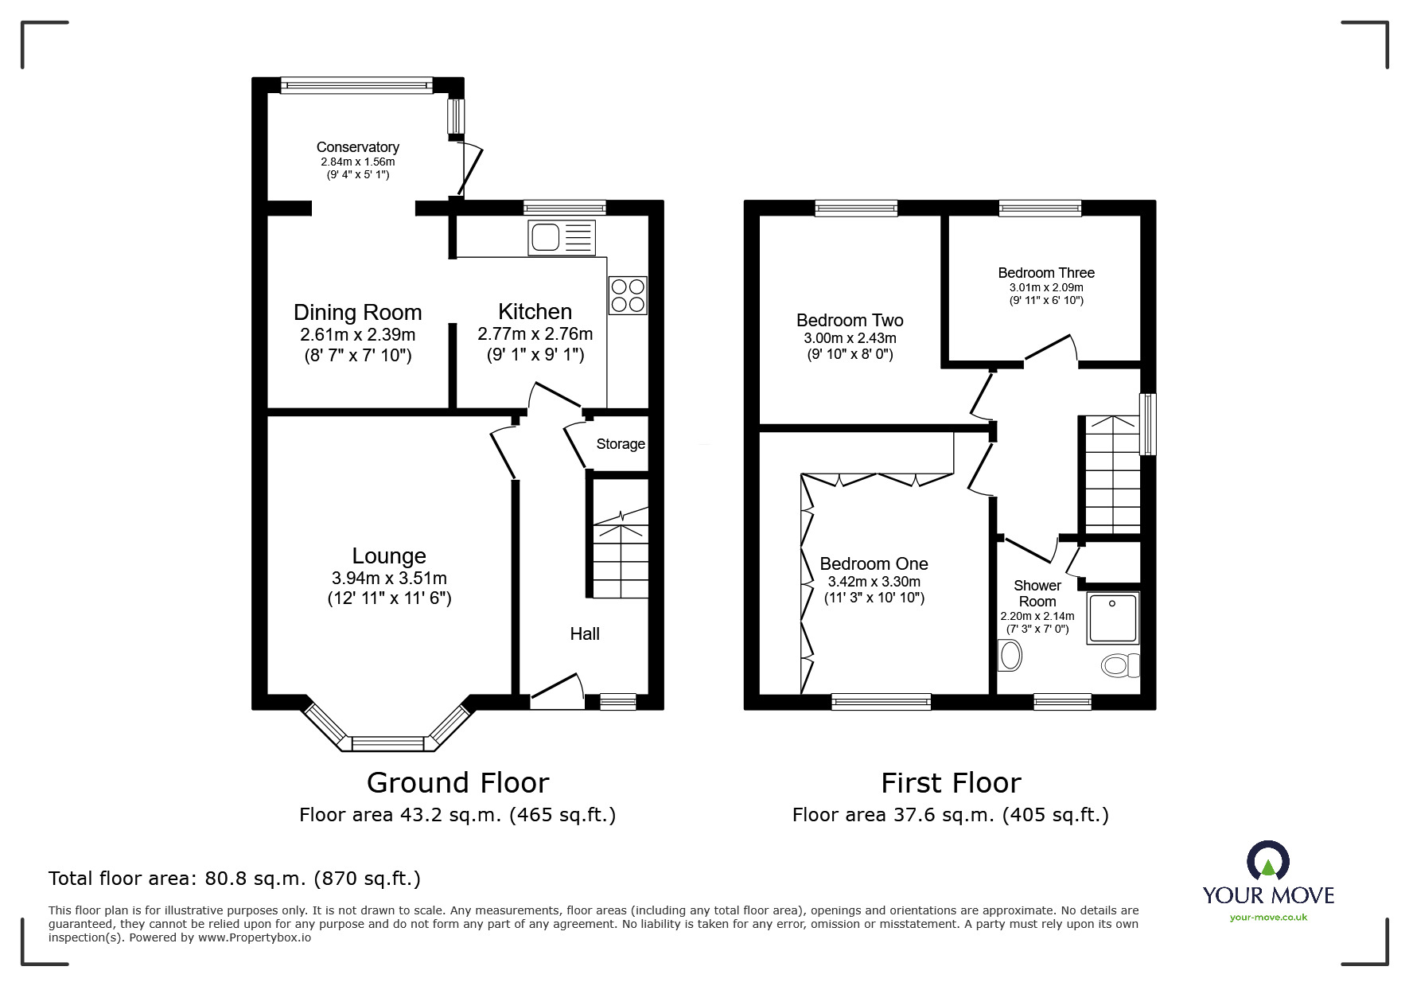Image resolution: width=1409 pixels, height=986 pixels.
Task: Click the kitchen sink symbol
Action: coord(561,237)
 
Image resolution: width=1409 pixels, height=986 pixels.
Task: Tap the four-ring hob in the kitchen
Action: coord(628,295)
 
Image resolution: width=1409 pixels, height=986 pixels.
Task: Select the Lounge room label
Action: coord(389,555)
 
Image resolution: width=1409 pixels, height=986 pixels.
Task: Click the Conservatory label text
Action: coord(357,147)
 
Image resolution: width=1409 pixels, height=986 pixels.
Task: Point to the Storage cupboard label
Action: coord(621,444)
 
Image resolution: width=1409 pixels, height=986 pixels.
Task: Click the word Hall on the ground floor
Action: coord(585,633)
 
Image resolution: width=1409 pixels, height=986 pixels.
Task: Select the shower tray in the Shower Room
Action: coord(1113,617)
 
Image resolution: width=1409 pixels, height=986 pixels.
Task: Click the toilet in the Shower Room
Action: coord(1119,664)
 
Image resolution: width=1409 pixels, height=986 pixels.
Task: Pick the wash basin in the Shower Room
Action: coord(1010,657)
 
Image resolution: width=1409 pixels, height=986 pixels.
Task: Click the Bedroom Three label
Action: coord(1045,273)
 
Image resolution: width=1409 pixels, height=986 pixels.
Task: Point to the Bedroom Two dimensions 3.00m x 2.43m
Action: coord(850,338)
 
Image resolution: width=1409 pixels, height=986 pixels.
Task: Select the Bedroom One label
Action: coord(874,564)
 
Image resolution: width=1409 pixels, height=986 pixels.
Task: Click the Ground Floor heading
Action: coord(457,783)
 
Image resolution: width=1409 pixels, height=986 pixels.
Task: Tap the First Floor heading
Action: coord(951,783)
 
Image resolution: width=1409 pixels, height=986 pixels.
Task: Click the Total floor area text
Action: coord(235,879)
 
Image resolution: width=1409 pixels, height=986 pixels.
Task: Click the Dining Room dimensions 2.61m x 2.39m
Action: coord(357,335)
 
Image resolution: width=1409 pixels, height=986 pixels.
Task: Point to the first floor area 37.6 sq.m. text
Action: coord(950,815)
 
